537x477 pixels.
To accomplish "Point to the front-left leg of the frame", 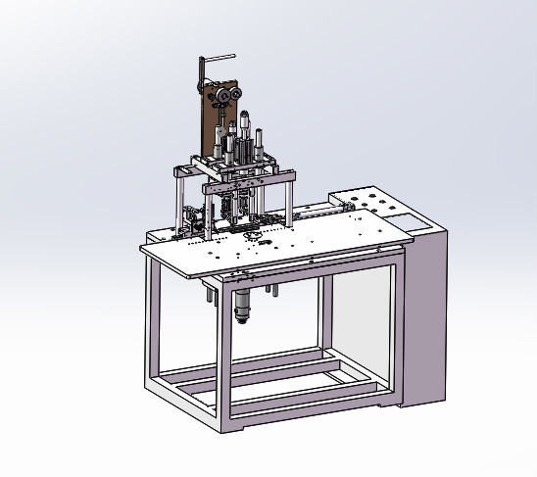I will (x=155, y=323).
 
